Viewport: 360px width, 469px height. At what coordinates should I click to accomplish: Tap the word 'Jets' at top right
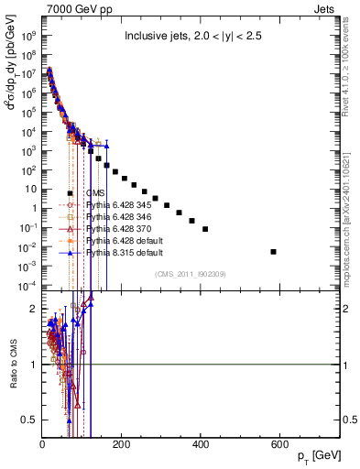[x=330, y=8]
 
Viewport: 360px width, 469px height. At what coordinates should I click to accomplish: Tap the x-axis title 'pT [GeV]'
[x=322, y=455]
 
